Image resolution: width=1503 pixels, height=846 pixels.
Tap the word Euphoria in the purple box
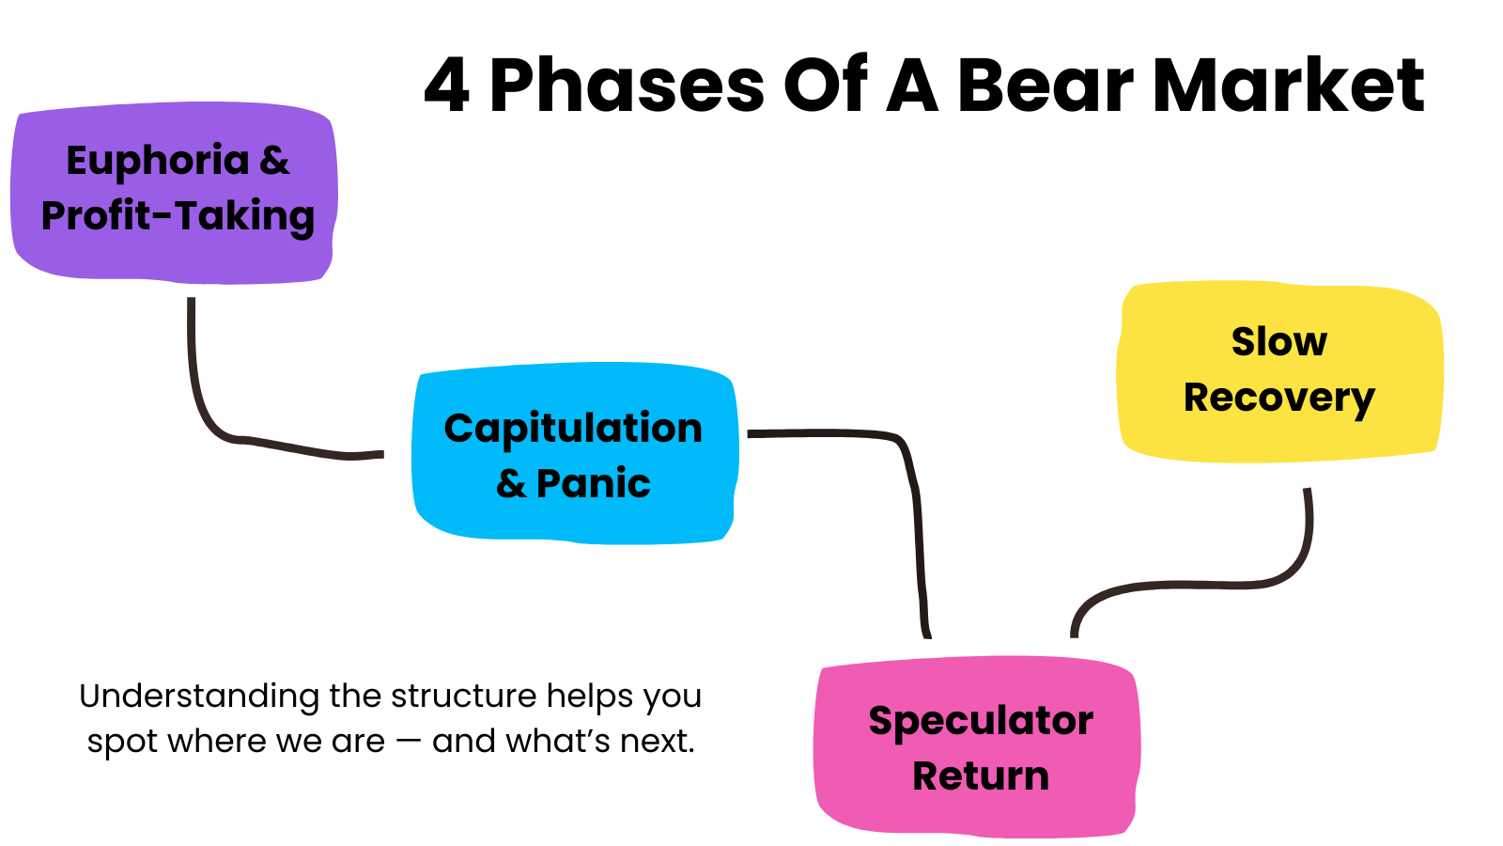(158, 162)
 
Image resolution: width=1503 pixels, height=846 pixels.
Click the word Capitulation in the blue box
(573, 429)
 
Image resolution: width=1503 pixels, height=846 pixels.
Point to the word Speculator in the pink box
(981, 722)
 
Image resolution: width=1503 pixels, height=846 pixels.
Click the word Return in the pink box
(981, 776)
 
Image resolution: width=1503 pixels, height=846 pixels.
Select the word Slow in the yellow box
(1279, 341)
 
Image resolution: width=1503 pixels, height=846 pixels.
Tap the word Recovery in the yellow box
(1279, 399)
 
